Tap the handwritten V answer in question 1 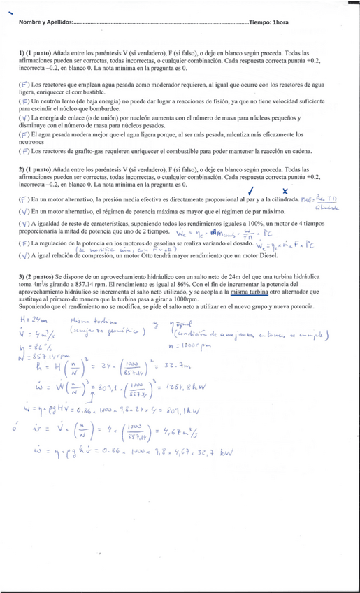tap(24, 118)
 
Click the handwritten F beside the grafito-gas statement tap(24, 150)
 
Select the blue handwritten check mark tap(251, 190)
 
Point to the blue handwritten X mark tap(285, 190)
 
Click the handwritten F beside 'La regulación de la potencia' tap(24, 243)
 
